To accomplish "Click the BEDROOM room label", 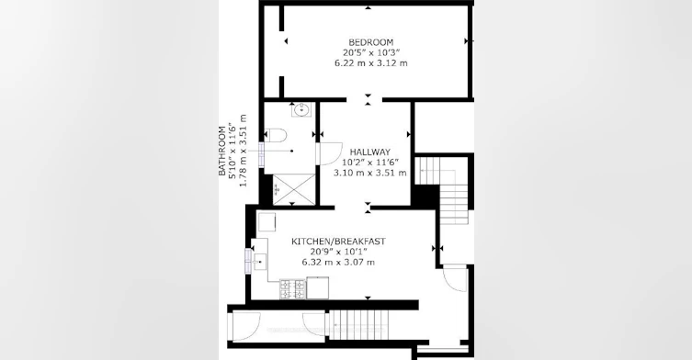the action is pos(370,42).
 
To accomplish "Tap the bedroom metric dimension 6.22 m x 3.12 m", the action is pos(370,63).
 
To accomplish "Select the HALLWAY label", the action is pos(369,152).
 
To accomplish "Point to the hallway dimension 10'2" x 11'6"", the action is pos(369,163).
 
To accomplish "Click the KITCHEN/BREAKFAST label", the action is pos(338,242).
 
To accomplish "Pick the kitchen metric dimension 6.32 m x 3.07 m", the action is pos(338,262).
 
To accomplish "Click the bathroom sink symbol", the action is pos(301,109).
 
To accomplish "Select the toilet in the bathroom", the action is pos(276,135).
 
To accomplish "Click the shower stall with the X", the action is pos(294,189).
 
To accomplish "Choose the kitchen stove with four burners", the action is pos(292,289).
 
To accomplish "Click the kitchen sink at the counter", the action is pos(259,262).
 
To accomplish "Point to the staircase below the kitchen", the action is pos(358,325).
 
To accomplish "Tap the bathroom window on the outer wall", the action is pos(261,155).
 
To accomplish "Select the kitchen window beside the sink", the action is pos(248,261).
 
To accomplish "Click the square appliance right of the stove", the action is pos(318,287).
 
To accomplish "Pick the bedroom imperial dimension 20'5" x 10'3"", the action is pos(370,52).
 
